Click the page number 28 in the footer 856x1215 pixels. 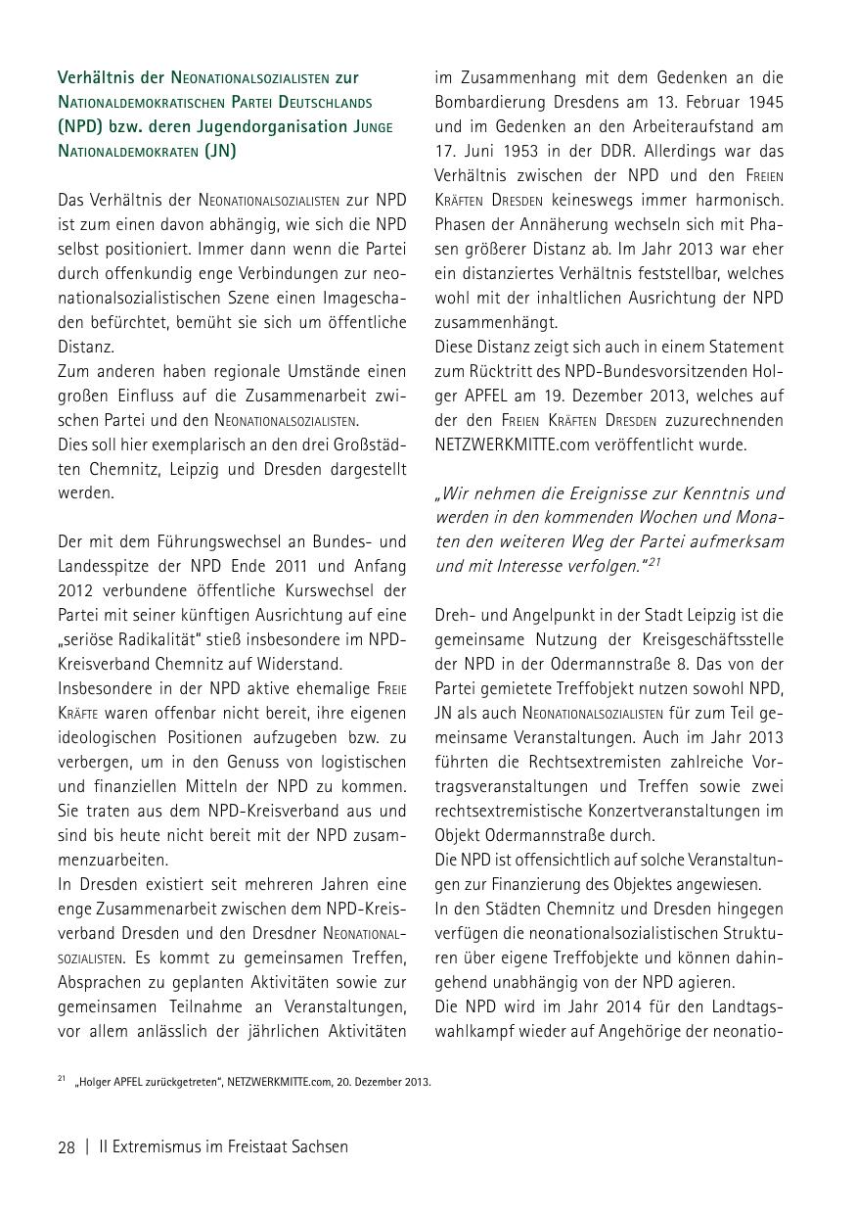tap(67, 1146)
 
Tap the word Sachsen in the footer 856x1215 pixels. tap(319, 1146)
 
